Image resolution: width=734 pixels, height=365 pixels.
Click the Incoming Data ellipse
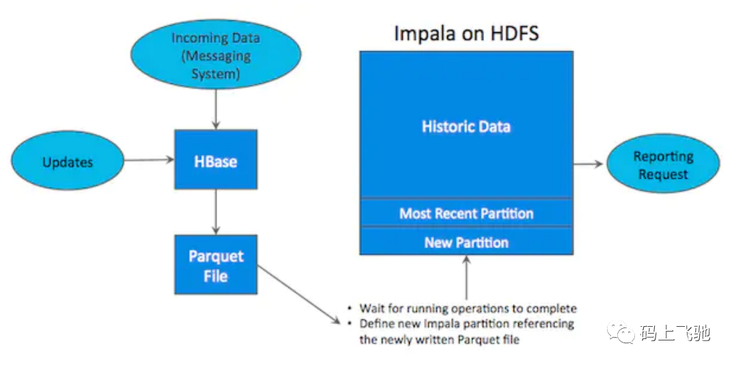pyautogui.click(x=215, y=55)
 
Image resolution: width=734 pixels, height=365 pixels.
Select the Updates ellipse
pyautogui.click(x=68, y=160)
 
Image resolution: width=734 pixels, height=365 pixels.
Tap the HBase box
pyautogui.click(x=216, y=160)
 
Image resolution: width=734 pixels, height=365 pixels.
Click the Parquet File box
pyautogui.click(x=216, y=265)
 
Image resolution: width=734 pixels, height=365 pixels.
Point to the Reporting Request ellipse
pyautogui.click(x=663, y=164)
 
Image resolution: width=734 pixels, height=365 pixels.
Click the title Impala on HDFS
pyautogui.click(x=466, y=33)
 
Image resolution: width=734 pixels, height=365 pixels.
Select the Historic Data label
pyautogui.click(x=466, y=126)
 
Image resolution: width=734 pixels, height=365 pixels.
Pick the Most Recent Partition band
pyautogui.click(x=466, y=214)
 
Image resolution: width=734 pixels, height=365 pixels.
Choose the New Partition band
pyautogui.click(x=466, y=242)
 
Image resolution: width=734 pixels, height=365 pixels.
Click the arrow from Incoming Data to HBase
pyautogui.click(x=215, y=110)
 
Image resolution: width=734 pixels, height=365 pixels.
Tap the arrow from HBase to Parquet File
pyautogui.click(x=215, y=212)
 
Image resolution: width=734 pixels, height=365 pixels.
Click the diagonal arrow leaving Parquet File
pyautogui.click(x=299, y=295)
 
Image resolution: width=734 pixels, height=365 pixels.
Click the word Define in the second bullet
pyautogui.click(x=376, y=324)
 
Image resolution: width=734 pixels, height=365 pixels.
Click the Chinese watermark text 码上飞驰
pyautogui.click(x=674, y=333)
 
